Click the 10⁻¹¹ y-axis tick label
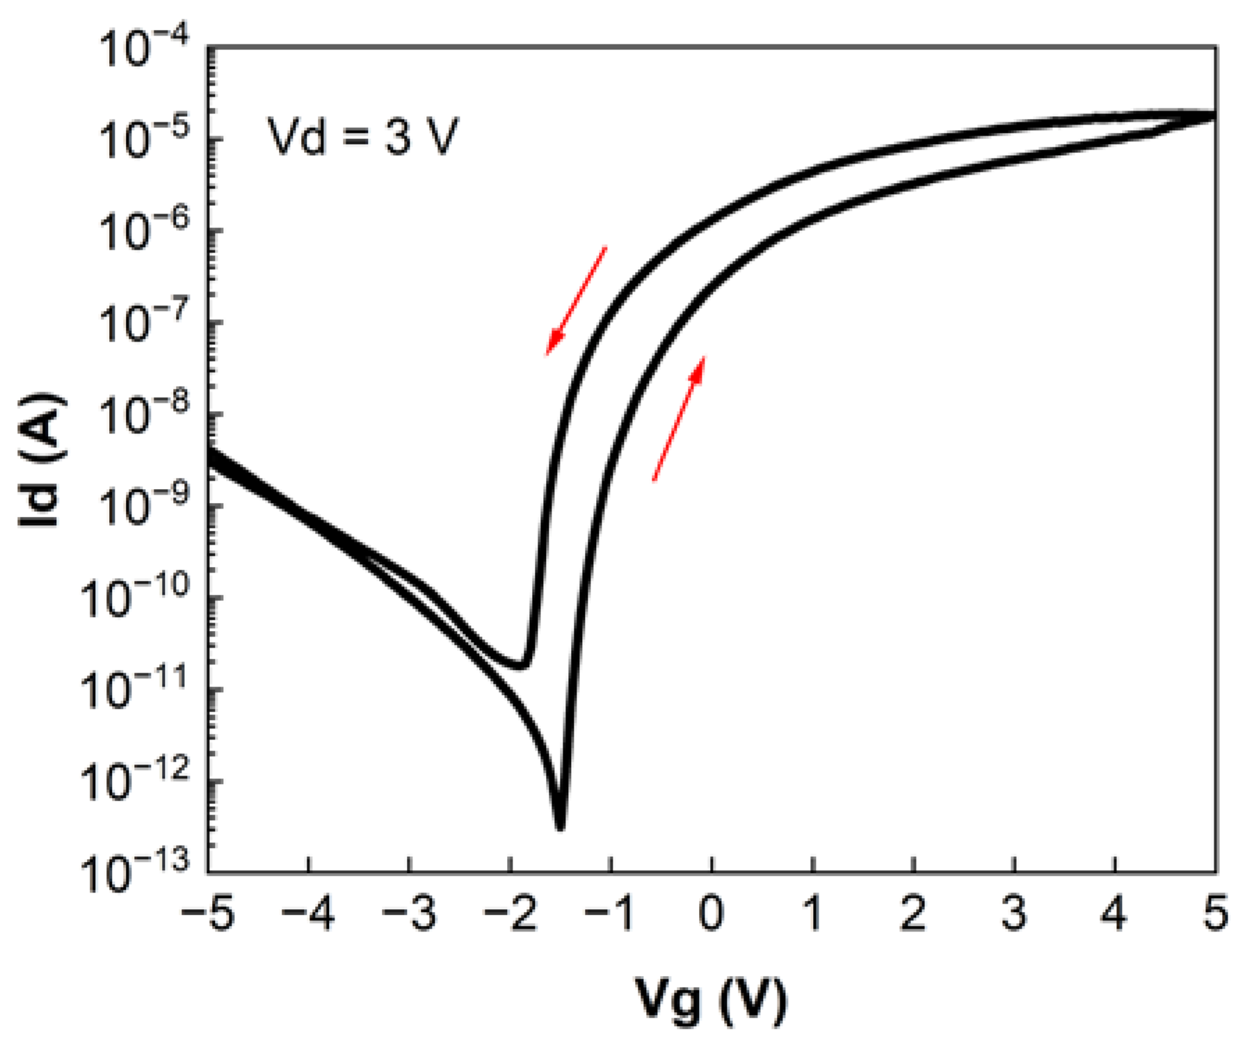[136, 691]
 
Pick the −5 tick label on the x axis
[207, 914]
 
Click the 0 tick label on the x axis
[712, 914]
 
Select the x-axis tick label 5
[1215, 914]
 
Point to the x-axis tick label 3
[1014, 914]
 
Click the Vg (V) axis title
[711, 1000]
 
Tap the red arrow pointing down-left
[576, 301]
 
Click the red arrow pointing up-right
[679, 418]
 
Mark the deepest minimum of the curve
[560, 826]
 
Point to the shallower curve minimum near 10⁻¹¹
[522, 666]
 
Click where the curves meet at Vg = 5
[1214, 115]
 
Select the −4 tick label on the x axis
[308, 914]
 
